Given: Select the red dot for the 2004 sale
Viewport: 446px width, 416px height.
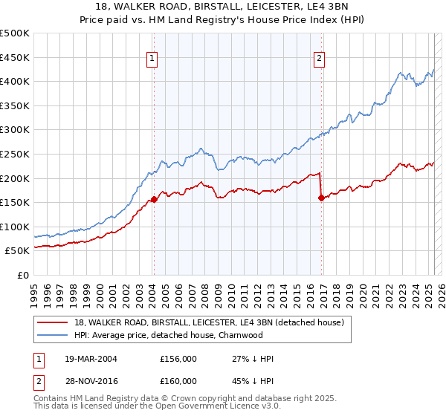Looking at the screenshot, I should coord(154,199).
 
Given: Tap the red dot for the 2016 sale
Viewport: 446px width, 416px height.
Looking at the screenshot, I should coord(321,198).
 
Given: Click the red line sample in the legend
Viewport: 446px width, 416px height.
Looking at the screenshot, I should coord(53,322).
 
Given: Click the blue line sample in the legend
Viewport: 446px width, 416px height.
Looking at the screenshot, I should coord(53,335).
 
